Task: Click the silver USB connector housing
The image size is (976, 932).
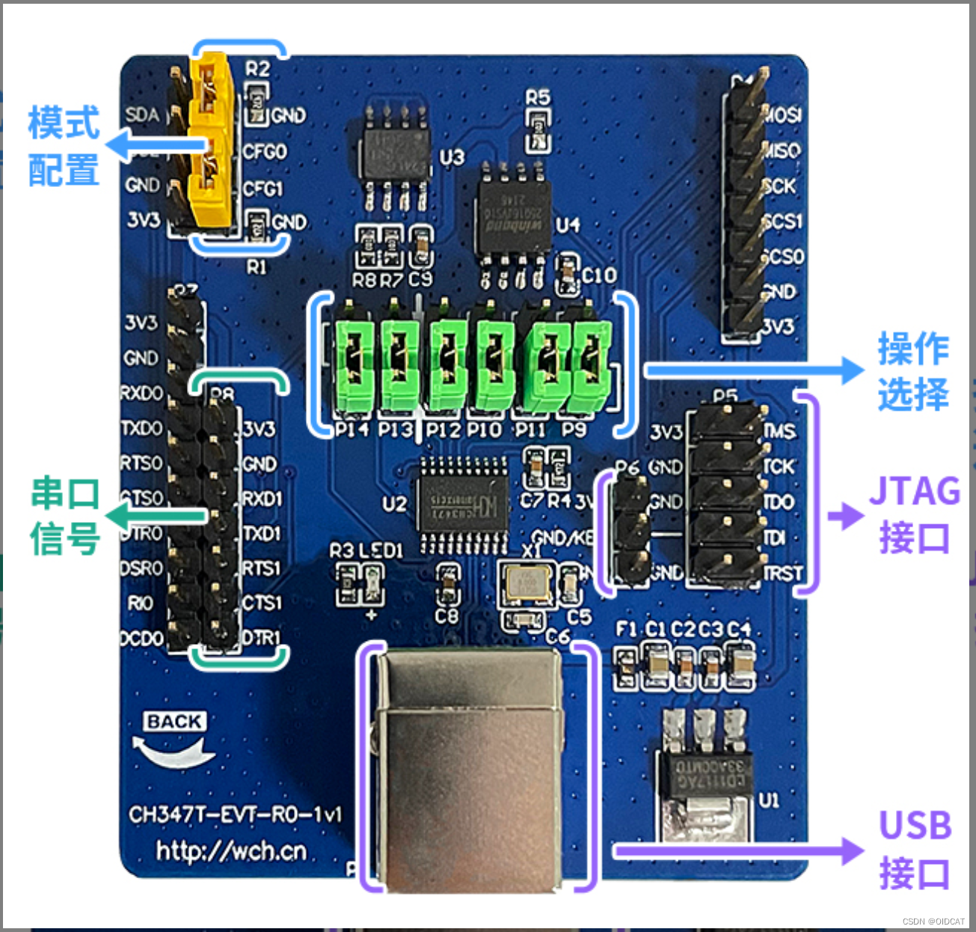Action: click(x=470, y=770)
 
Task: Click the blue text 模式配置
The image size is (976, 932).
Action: click(x=64, y=147)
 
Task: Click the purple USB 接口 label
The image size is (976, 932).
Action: click(x=915, y=850)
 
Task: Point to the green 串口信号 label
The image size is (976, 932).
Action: click(x=65, y=516)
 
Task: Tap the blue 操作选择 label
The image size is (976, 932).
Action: click(x=913, y=372)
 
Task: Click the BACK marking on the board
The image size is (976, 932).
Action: click(x=174, y=722)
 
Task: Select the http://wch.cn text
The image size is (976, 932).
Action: click(x=232, y=851)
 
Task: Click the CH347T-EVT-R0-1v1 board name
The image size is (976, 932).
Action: click(x=235, y=815)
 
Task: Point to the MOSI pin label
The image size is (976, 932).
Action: click(x=783, y=114)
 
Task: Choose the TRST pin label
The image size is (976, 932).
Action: click(x=783, y=574)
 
